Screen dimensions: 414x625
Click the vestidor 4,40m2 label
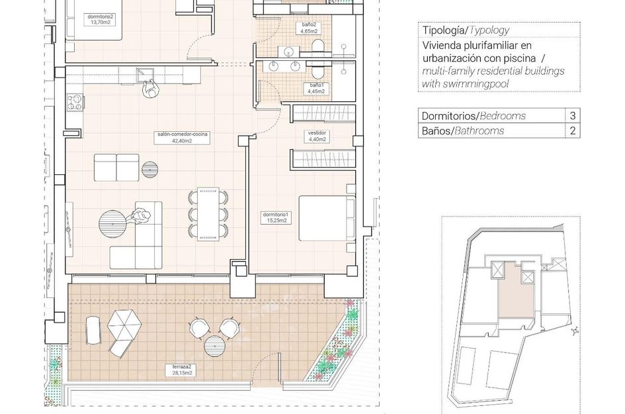[317, 136]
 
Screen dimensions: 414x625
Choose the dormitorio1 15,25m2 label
[275, 217]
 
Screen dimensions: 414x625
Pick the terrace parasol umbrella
[124, 326]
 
